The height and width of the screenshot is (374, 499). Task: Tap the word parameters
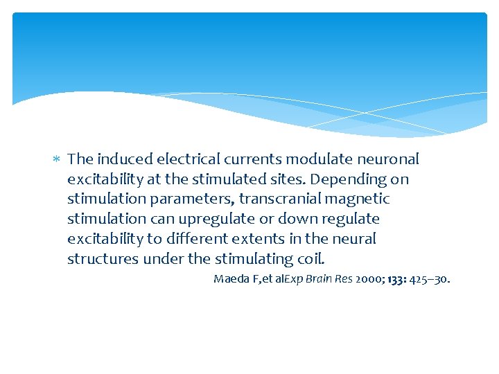click(x=189, y=199)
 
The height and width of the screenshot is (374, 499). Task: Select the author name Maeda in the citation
click(x=229, y=280)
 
